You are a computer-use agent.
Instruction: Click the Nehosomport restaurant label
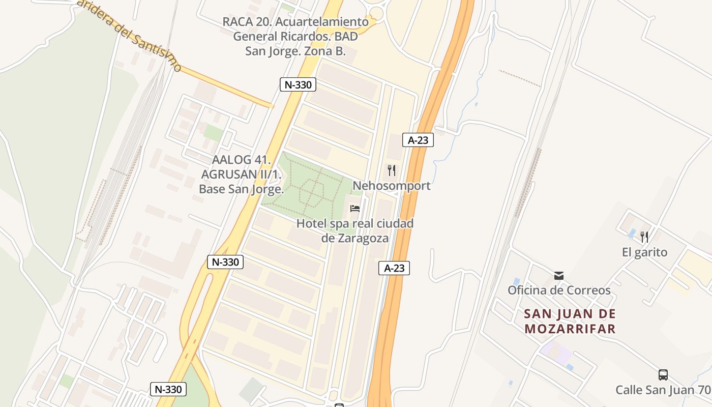point(392,186)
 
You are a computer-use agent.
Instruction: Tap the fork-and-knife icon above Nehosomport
point(392,170)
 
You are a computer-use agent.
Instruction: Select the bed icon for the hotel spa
point(355,209)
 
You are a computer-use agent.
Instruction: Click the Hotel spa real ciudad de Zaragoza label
point(355,230)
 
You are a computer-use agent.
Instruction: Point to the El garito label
point(644,252)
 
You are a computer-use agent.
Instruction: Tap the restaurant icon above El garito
point(644,237)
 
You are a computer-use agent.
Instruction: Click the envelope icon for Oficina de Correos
point(559,276)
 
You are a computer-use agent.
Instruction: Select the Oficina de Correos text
point(559,290)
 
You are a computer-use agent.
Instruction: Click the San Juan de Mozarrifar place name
point(570,321)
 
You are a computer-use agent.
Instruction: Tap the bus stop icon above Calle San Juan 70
point(663,375)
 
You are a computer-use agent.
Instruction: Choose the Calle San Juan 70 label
point(663,390)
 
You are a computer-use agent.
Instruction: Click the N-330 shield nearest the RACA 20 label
point(298,84)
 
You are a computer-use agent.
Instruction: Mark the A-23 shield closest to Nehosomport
point(418,140)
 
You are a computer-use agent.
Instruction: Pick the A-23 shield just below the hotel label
point(394,268)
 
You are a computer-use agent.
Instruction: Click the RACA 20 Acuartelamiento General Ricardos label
point(295,37)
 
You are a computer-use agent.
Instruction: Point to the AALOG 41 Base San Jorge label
point(241,175)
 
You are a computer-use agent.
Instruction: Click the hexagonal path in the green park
point(312,192)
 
